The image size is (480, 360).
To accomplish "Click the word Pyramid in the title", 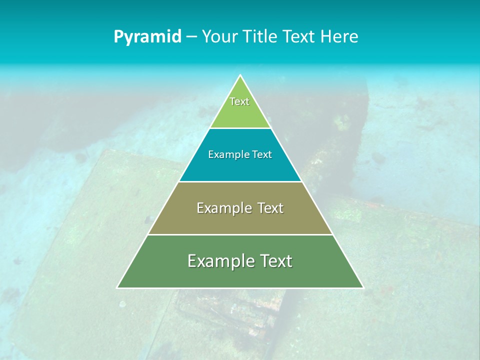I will [147, 37].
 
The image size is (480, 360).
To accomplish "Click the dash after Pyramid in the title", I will [191, 37].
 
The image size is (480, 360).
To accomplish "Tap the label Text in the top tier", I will [239, 101].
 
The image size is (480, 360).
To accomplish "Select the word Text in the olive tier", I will [270, 208].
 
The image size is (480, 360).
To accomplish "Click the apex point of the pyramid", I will [240, 76].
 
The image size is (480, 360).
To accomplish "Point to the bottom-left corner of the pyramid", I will [117, 287].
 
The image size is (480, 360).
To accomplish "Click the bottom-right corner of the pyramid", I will [363, 287].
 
